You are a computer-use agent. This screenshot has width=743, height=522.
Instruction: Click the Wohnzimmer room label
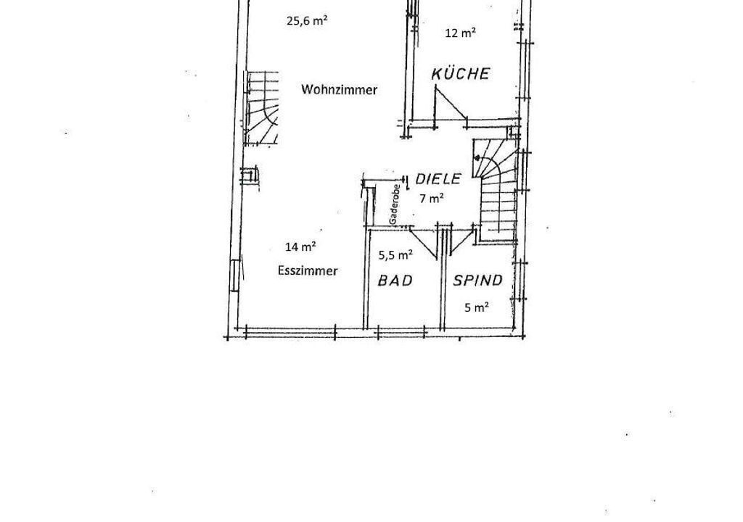pyautogui.click(x=340, y=89)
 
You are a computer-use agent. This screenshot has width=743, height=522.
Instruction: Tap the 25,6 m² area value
pyautogui.click(x=308, y=21)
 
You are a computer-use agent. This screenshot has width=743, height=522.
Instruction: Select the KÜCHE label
pyautogui.click(x=460, y=73)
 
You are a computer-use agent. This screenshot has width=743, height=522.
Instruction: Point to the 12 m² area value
pyautogui.click(x=461, y=33)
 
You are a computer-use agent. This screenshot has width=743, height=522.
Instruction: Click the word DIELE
pyautogui.click(x=438, y=178)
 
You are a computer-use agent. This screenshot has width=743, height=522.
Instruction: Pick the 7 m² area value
pyautogui.click(x=431, y=199)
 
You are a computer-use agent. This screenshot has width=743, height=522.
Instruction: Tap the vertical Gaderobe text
pyautogui.click(x=393, y=204)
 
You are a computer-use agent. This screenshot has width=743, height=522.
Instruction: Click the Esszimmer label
pyautogui.click(x=308, y=271)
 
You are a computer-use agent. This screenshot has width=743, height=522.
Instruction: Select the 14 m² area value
pyautogui.click(x=301, y=246)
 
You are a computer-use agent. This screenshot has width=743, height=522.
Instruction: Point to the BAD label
pyautogui.click(x=395, y=281)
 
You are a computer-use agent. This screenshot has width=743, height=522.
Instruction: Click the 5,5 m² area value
pyautogui.click(x=395, y=255)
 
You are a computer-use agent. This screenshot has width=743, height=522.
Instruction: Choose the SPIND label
pyautogui.click(x=477, y=281)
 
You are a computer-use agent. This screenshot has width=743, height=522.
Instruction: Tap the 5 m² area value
pyautogui.click(x=476, y=308)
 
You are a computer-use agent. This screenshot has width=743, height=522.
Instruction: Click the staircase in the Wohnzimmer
pyautogui.click(x=260, y=108)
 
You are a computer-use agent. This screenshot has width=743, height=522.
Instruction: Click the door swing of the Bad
pyautogui.click(x=423, y=243)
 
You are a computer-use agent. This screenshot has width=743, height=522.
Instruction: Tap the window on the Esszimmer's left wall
pyautogui.click(x=236, y=276)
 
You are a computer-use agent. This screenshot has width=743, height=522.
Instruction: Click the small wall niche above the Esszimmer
pyautogui.click(x=250, y=177)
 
